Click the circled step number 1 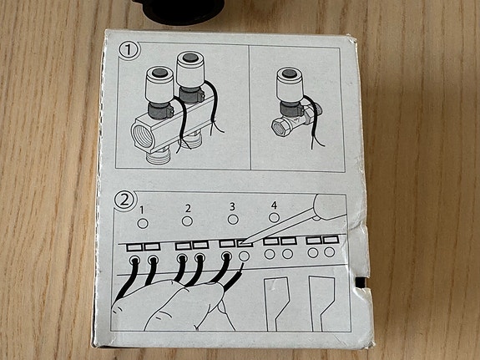tap(129, 51)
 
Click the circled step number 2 tap(124, 200)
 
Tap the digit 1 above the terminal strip tap(141, 210)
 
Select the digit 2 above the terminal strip tap(188, 208)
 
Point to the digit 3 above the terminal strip tap(232, 207)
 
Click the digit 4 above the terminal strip tap(274, 205)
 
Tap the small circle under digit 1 tap(143, 224)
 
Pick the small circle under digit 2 tap(187, 221)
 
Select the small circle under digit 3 tap(233, 220)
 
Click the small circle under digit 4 tap(274, 218)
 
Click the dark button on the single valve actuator tap(289, 74)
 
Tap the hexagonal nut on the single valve tap(280, 126)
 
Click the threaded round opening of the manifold tap(143, 135)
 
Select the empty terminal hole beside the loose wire tap(244, 256)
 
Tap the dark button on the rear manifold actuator tap(189, 58)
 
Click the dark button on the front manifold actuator tap(159, 73)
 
